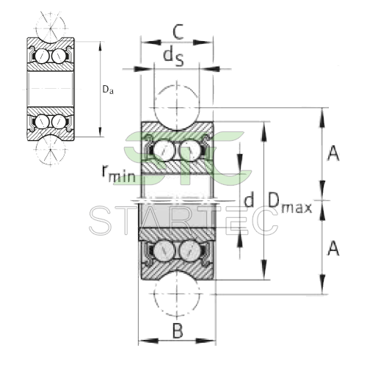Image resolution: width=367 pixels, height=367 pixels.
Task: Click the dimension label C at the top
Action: tap(177, 32)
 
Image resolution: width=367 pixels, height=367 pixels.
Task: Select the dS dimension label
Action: tap(173, 55)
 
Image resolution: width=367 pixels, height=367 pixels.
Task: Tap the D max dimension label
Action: tap(288, 200)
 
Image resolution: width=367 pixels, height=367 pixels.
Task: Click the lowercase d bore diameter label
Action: tap(249, 200)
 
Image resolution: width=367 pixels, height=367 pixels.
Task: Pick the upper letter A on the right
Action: tap(333, 153)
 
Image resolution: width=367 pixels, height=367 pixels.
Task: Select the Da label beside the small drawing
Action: tap(108, 90)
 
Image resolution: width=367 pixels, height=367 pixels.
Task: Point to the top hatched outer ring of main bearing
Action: tap(177, 129)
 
